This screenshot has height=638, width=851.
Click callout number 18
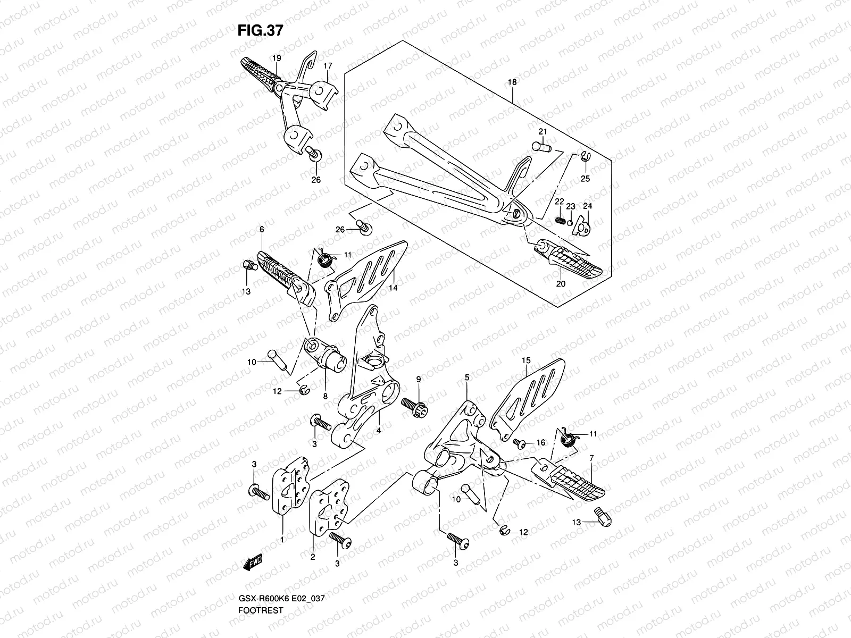coord(512,83)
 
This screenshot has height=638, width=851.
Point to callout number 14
coord(393,288)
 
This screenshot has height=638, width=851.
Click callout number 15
coord(525,360)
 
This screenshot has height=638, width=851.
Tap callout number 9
coord(418,379)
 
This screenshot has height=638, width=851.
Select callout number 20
coord(561,284)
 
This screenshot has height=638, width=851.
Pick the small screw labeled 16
coord(518,442)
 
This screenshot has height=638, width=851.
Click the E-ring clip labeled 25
coord(583,156)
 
